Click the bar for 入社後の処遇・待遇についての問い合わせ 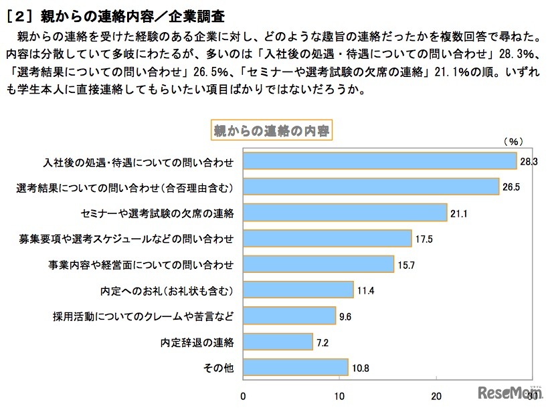(379, 161)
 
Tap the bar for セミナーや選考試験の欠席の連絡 (345, 213)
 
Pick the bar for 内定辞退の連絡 (278, 342)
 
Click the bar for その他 (295, 367)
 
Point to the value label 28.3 (529, 161)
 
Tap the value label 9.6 (345, 316)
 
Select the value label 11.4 (365, 290)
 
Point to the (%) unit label (512, 141)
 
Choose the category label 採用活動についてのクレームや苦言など (143, 316)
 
